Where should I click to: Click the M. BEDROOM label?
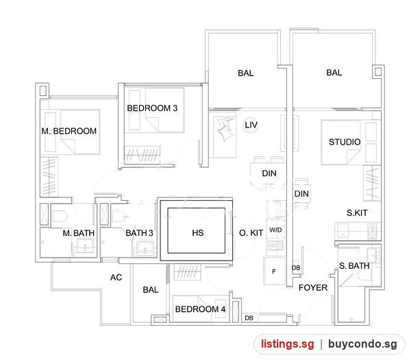69,131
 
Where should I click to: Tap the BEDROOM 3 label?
152,108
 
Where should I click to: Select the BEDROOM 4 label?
200,309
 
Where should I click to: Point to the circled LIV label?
251,125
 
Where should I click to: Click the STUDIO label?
345,142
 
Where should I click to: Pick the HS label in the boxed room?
198,232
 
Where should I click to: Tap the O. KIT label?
251,232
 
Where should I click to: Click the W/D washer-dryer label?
275,230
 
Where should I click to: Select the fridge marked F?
274,272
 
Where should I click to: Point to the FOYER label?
313,287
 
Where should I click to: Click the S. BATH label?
354,266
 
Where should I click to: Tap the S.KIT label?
357,213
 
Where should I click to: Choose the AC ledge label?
116,277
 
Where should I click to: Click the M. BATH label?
79,232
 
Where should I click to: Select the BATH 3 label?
139,232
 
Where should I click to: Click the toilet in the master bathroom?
60,216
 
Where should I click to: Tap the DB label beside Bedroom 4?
249,318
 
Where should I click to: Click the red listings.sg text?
287,344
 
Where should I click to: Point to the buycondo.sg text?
362,344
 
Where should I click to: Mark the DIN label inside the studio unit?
301,194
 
